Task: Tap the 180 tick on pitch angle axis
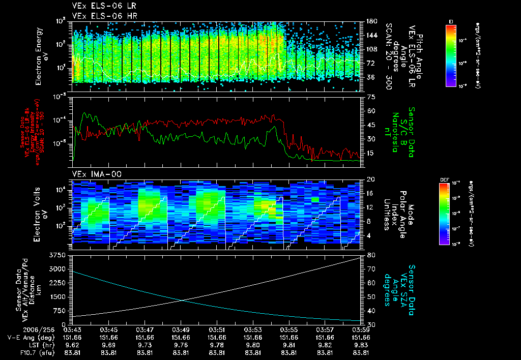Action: point(371,21)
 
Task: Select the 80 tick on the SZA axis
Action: point(371,255)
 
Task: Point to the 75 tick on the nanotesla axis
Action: point(371,97)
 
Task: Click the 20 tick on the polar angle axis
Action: point(371,179)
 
